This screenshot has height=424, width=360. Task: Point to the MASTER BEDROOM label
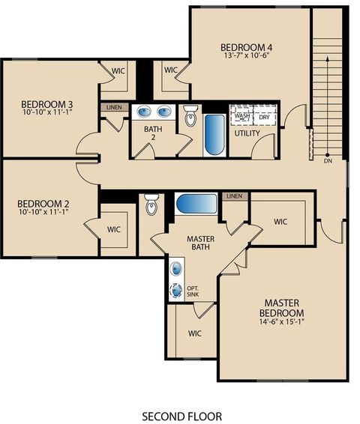[281, 307]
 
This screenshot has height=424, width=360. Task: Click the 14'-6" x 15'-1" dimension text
[281, 322]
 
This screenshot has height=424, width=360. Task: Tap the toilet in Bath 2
[190, 117]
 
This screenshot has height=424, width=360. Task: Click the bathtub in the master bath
[196, 203]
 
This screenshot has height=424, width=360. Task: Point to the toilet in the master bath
[151, 204]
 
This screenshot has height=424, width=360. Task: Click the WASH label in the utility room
[242, 117]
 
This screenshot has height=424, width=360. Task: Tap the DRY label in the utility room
[264, 117]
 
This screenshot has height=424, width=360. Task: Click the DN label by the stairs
[327, 161]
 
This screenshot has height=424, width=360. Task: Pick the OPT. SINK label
[193, 291]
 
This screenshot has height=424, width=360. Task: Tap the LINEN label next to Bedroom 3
[113, 107]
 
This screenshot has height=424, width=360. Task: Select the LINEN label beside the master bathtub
[235, 196]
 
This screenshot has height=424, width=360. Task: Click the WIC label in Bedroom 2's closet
[114, 229]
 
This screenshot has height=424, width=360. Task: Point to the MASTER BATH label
[201, 243]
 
